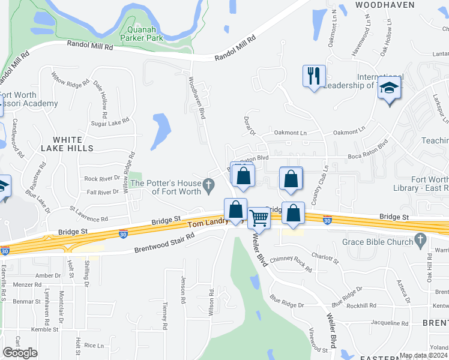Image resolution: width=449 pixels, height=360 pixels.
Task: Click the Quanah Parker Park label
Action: point(141,33)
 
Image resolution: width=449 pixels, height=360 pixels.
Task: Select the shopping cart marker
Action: point(259,218)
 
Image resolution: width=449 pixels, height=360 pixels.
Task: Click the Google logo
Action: point(20,352)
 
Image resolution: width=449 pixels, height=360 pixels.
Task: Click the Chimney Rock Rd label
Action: point(291,264)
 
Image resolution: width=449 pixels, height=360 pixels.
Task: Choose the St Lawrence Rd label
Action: point(88,215)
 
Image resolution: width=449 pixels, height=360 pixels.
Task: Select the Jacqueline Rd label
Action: point(390,323)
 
